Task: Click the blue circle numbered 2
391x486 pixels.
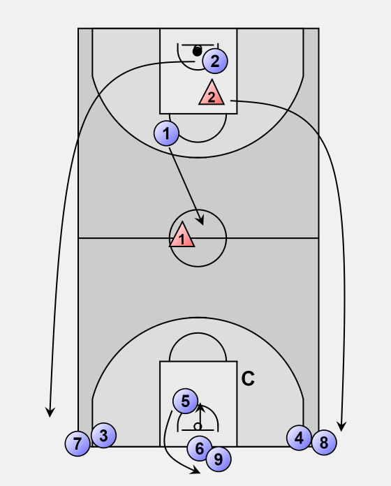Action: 215,61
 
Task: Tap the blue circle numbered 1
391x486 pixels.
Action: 166,133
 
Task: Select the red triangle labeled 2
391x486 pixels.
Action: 212,93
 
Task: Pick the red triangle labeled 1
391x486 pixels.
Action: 182,235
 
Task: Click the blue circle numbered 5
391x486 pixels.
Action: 185,401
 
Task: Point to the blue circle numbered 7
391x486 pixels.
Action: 78,443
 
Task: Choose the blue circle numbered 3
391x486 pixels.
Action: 104,436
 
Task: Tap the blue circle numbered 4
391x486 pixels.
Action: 299,438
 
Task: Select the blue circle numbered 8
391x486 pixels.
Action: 324,442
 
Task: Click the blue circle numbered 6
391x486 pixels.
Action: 200,448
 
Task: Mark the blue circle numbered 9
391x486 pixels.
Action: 219,459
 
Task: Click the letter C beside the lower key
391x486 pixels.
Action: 248,378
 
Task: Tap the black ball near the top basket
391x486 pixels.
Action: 197,51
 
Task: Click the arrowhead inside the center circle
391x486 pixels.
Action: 200,221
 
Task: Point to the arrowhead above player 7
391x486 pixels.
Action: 50,413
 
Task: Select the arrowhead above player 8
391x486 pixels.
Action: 341,427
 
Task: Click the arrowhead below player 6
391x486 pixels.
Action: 195,470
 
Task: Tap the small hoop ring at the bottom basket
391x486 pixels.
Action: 198,427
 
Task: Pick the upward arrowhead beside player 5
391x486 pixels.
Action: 200,407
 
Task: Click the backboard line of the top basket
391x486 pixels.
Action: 198,45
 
